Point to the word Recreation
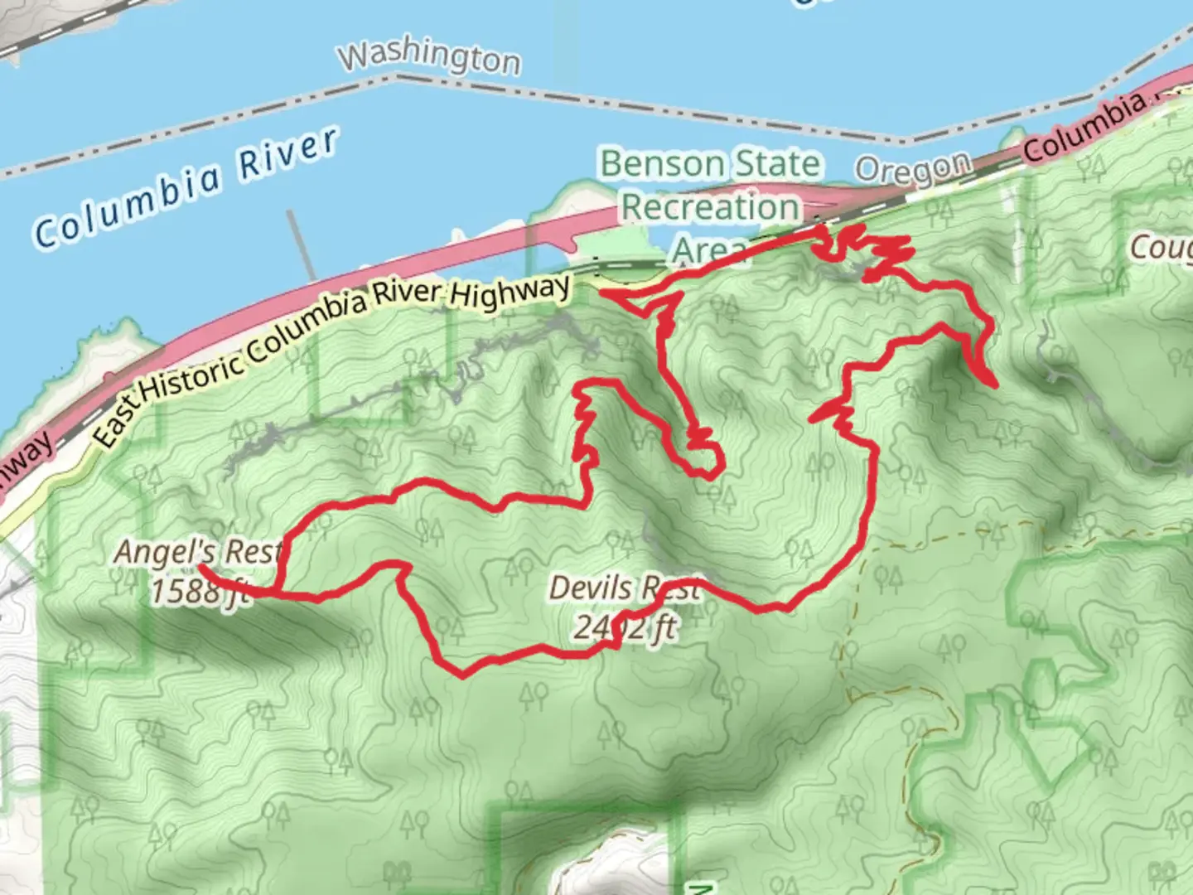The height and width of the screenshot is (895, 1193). click(x=710, y=207)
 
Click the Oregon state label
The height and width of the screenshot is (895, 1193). click(x=912, y=169)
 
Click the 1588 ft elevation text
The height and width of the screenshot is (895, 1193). click(x=199, y=591)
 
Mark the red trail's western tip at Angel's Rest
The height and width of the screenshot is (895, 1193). click(x=201, y=568)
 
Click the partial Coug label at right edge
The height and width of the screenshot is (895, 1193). click(x=1162, y=247)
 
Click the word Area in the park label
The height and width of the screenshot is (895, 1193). click(x=709, y=249)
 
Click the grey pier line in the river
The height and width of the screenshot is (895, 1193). click(x=303, y=245)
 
